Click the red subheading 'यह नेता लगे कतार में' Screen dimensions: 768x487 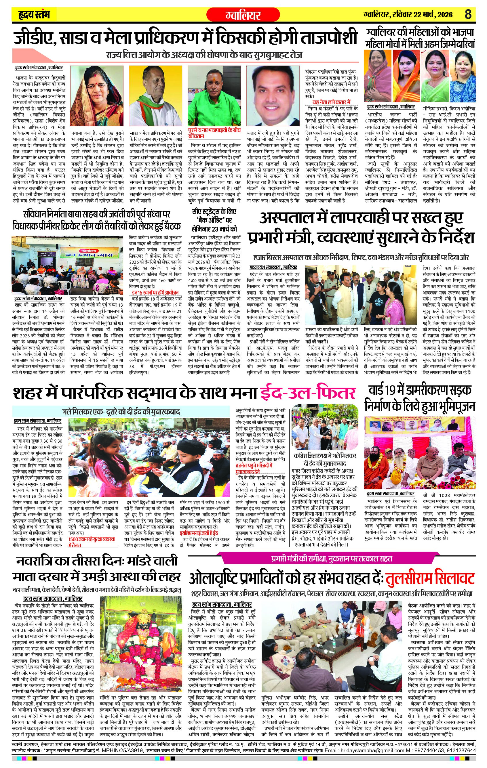pyautogui.click(x=331, y=102)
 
